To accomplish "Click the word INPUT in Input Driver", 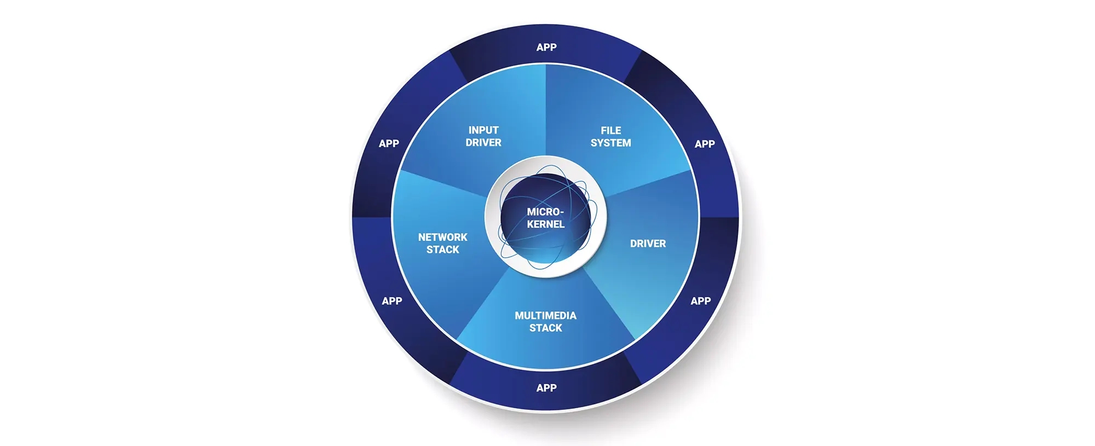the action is [x=483, y=130].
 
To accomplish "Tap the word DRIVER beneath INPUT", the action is [x=483, y=142].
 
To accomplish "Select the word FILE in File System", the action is [x=611, y=131].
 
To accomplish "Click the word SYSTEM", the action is [x=611, y=143].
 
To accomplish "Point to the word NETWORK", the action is [x=443, y=238].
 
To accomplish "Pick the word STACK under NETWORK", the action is [x=443, y=250].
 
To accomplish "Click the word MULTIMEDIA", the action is [x=545, y=316].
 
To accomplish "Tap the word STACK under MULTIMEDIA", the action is [x=545, y=328].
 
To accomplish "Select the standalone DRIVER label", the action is [x=648, y=244].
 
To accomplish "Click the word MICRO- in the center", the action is [x=545, y=212].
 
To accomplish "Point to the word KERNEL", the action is [x=545, y=224].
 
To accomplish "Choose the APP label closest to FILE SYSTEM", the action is [x=705, y=144].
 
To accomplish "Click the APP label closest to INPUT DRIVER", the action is [x=389, y=143].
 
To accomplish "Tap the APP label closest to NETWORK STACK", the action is [x=392, y=301].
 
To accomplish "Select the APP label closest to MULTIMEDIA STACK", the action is [x=546, y=388].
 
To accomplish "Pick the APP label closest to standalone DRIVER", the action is [x=701, y=301].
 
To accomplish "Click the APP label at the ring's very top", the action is [x=546, y=48].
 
